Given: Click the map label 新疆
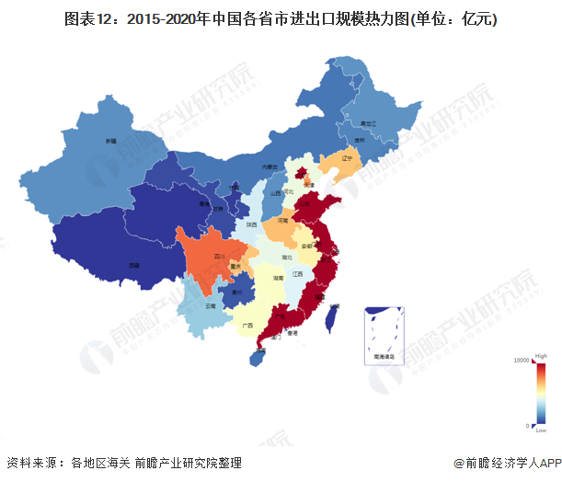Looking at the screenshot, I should click(x=110, y=141).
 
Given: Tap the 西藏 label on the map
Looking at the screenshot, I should click(x=135, y=265).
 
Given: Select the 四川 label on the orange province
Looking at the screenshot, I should click(x=220, y=256).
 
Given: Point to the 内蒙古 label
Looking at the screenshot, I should click(x=269, y=166).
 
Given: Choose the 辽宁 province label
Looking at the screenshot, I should click(x=347, y=158).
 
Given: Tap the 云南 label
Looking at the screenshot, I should click(x=210, y=304).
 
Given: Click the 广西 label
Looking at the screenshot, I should click(x=247, y=325).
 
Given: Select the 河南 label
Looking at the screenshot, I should click(x=283, y=221).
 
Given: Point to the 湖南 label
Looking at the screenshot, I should click(x=277, y=276).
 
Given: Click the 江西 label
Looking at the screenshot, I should click(x=297, y=274).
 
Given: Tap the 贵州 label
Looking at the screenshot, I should click(x=237, y=293).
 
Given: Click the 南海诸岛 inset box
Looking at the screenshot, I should click(x=384, y=335).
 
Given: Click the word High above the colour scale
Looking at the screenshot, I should click(x=542, y=355).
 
